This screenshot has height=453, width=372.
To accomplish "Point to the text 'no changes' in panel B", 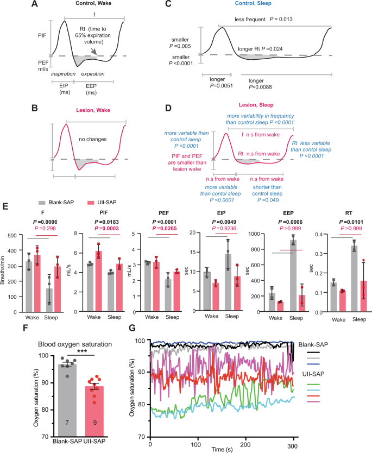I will point(90,139).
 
